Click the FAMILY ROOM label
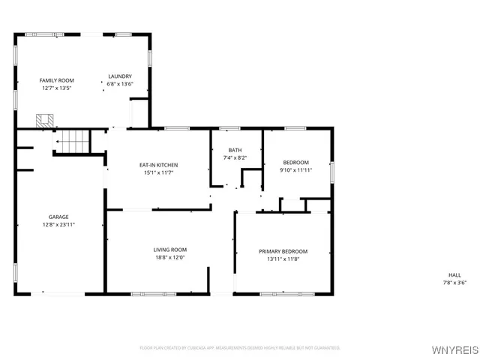point(57,80)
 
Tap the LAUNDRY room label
point(120,76)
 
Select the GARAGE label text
point(58,217)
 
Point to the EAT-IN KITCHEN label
point(158,165)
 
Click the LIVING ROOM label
point(170,250)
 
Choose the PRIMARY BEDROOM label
point(283,251)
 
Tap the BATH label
point(235,150)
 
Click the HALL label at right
point(454,275)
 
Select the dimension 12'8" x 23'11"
point(58,224)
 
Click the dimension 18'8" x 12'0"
point(170,258)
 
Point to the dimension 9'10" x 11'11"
point(295,170)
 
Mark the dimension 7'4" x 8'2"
point(235,157)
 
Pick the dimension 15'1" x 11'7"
point(158,173)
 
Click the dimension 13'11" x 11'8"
point(283,259)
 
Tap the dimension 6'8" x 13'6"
point(120,84)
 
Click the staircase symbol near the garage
point(73,140)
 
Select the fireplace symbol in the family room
point(44,121)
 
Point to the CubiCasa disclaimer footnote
point(240,348)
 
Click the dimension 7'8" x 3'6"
point(454,283)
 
